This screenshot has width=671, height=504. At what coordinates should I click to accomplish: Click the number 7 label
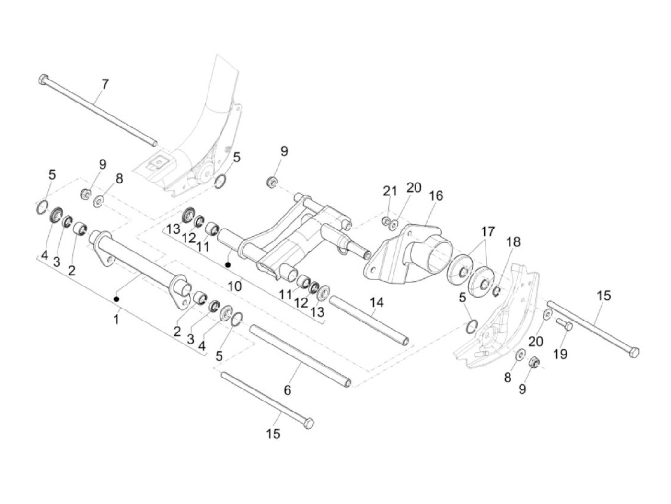[105, 84]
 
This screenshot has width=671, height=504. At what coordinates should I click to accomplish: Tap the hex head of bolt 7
[43, 79]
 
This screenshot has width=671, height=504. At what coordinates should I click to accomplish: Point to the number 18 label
[513, 242]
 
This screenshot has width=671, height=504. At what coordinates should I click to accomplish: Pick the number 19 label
[560, 354]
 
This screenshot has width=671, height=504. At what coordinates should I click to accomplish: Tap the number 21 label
[390, 191]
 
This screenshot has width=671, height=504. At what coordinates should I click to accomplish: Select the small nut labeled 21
[386, 220]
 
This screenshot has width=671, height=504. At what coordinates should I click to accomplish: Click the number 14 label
[376, 302]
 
